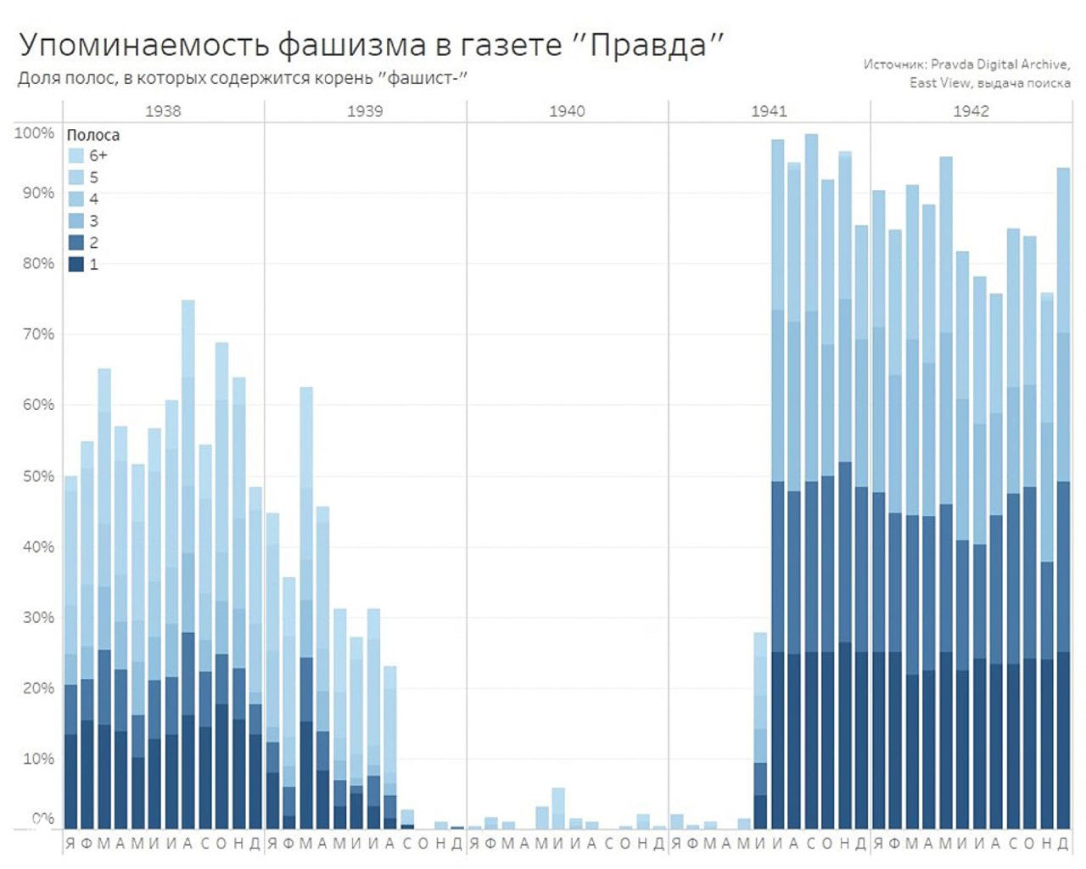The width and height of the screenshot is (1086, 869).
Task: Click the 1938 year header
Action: pos(163,111)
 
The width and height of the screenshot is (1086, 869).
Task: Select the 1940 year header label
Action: pos(567,111)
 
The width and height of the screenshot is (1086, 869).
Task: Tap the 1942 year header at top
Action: pos(971,111)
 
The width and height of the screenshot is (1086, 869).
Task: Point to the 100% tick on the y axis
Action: pos(34,133)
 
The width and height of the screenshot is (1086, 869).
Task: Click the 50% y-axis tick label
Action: pos(36,476)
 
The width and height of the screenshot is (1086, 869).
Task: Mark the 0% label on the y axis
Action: pos(42,818)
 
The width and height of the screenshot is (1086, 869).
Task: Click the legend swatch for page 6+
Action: pos(76,156)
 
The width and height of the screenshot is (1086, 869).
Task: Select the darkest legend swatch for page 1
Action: pos(76,265)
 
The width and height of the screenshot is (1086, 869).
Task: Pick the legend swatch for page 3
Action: pos(76,221)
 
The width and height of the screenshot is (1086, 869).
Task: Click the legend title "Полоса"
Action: pos(92,135)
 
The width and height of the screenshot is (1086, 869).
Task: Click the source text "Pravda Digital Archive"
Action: pos(999,64)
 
